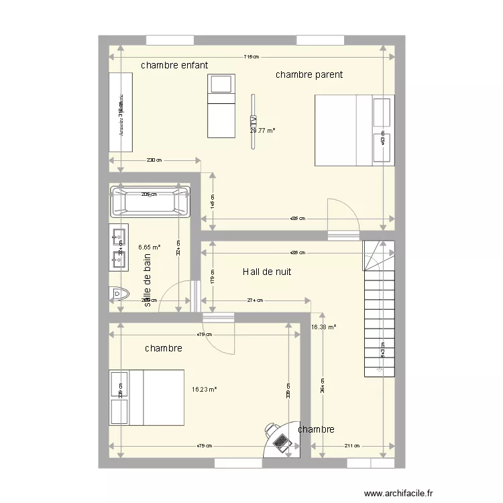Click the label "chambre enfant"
click(x=174, y=66)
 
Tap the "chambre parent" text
click(x=309, y=75)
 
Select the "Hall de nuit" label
click(x=266, y=272)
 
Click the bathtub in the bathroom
click(x=150, y=201)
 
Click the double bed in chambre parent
click(x=353, y=130)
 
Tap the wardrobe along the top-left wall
click(x=121, y=112)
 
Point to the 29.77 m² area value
click(x=262, y=131)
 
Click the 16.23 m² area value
click(x=204, y=388)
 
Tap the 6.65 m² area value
click(x=149, y=247)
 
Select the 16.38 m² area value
click(x=323, y=327)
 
